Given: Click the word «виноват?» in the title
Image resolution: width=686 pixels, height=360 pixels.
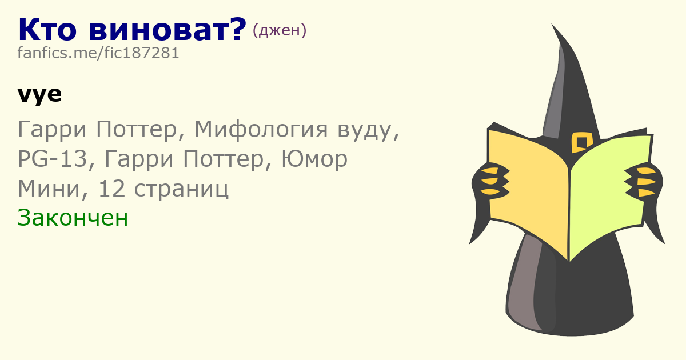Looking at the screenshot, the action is click(167, 29).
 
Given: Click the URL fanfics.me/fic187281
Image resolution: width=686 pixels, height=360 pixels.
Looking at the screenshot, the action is click(98, 53).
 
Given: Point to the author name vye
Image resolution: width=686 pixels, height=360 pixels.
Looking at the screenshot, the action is click(39, 95).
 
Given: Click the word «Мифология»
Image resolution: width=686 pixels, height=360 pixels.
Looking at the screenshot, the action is click(261, 130).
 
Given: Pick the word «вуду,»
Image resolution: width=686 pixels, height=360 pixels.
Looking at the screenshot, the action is click(368, 130).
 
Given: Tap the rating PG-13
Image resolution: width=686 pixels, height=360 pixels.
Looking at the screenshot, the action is click(53, 159).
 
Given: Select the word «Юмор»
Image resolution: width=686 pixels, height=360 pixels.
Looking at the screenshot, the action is click(314, 159).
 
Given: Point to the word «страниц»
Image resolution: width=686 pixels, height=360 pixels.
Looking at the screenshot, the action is click(181, 189).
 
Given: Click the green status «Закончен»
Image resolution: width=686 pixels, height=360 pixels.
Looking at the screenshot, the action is click(73, 218).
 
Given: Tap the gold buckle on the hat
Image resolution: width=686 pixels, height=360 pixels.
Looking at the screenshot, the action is click(581, 142).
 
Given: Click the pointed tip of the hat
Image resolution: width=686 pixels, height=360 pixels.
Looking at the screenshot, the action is click(552, 25).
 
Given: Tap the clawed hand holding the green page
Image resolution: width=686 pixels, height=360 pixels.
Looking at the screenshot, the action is click(643, 181).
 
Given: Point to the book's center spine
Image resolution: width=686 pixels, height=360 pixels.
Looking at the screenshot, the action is click(569, 214).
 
